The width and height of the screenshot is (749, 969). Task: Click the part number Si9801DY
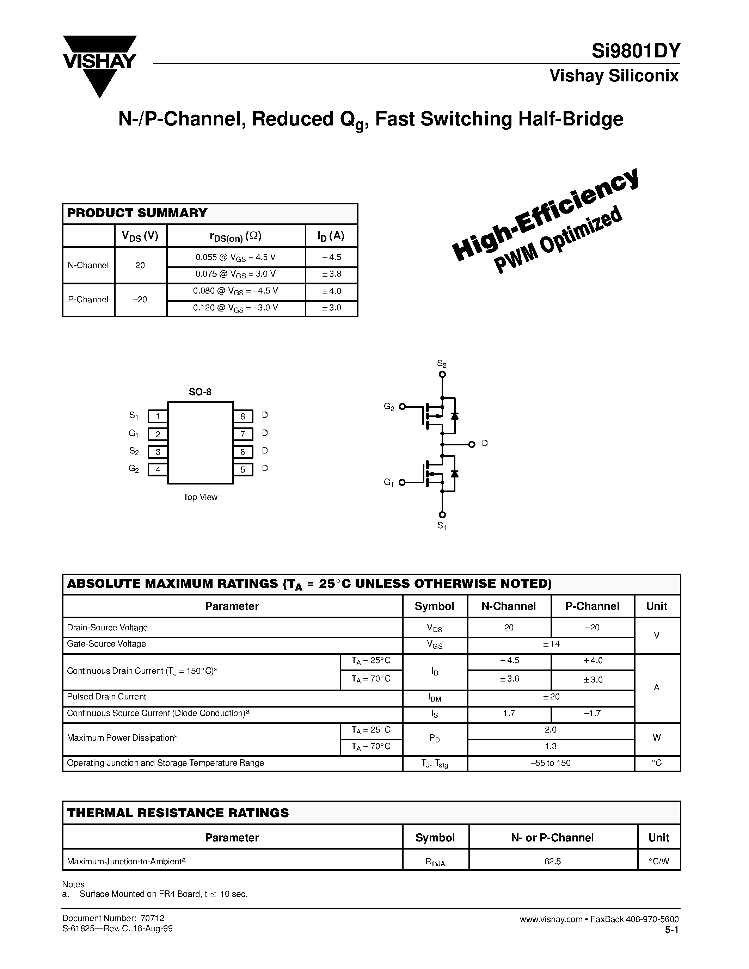click(636, 51)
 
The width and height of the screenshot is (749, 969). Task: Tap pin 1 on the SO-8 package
click(158, 416)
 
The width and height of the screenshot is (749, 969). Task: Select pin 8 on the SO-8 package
click(243, 416)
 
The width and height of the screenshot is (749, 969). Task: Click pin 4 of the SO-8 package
click(158, 469)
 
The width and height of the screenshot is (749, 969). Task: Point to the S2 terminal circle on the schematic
click(442, 375)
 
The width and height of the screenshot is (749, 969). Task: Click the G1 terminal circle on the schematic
click(402, 482)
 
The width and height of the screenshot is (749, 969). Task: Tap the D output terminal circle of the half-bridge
click(472, 444)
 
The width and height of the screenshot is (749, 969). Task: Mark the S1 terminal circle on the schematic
click(442, 515)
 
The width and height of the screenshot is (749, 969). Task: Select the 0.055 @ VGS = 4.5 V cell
click(235, 257)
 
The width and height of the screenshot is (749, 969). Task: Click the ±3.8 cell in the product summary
click(331, 274)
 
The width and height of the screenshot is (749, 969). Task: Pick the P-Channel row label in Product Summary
click(88, 300)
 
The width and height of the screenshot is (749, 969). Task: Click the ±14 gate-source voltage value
click(551, 644)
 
